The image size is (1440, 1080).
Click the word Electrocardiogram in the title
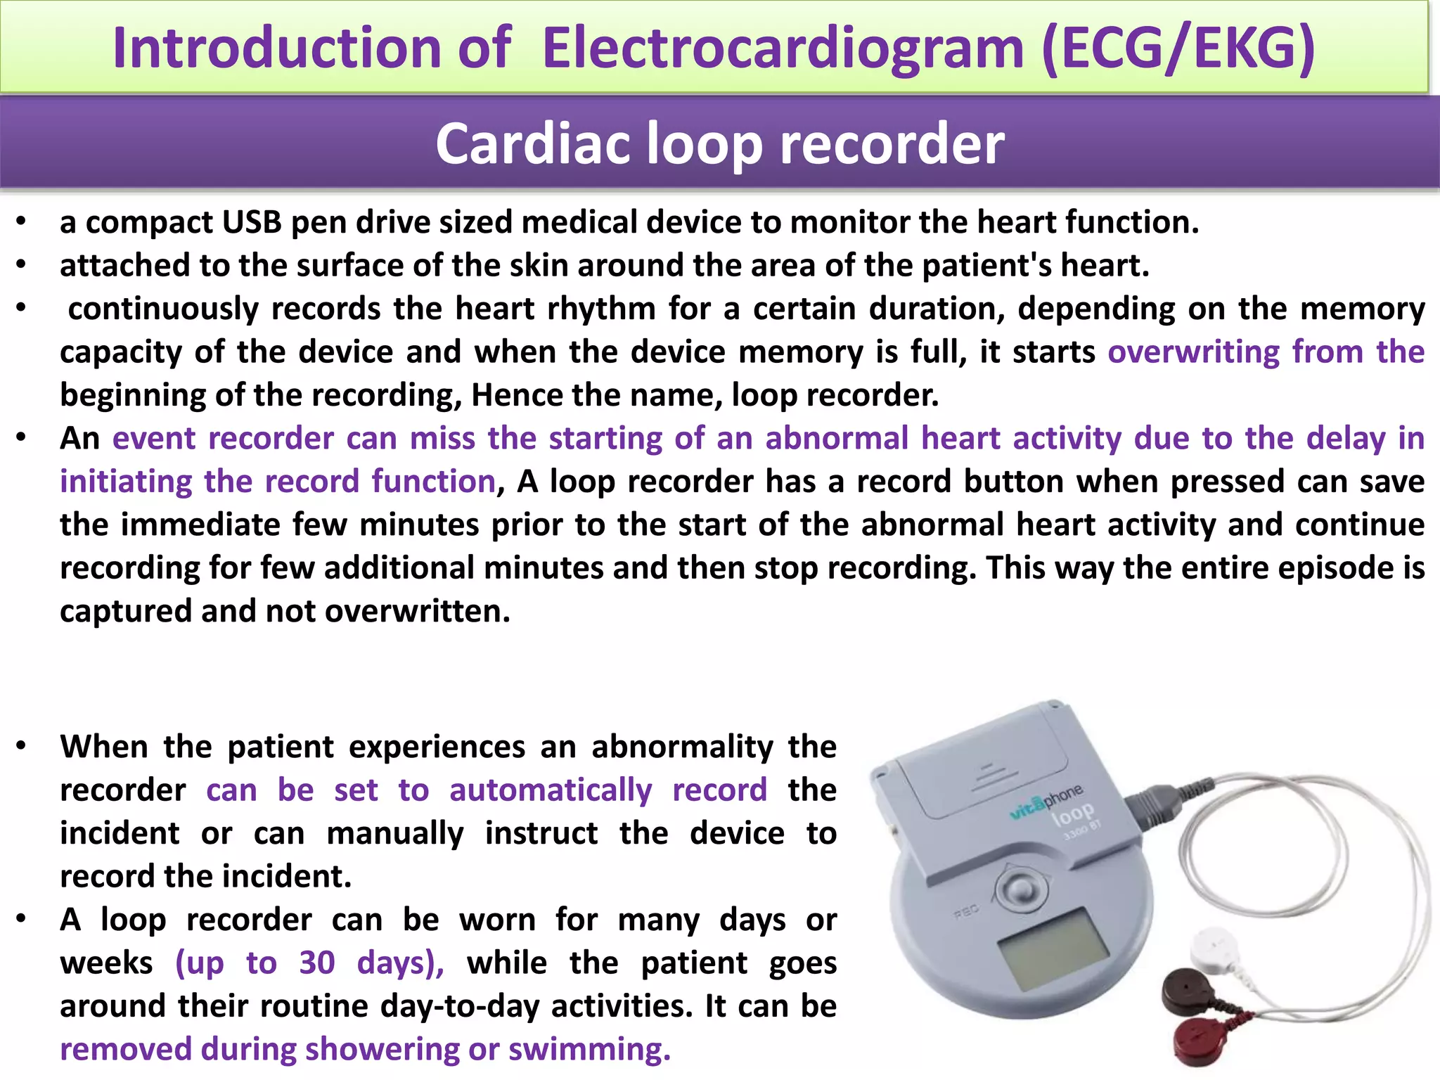[783, 48]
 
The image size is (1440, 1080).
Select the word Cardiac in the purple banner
[532, 143]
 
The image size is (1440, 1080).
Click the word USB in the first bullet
[252, 223]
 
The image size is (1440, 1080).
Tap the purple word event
[154, 439]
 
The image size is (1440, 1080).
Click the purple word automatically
[551, 790]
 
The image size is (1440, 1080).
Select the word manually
[395, 834]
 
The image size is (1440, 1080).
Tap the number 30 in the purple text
[316, 963]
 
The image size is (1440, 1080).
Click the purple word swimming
[589, 1050]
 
